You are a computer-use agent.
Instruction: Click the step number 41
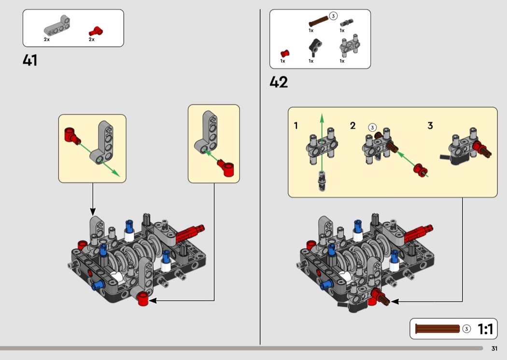30,61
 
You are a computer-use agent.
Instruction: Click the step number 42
279,83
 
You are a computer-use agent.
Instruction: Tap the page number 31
494,349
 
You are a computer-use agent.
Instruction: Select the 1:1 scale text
485,329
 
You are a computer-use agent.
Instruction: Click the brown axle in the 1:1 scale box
437,329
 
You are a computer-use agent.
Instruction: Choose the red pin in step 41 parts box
97,31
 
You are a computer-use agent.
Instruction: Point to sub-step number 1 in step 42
296,126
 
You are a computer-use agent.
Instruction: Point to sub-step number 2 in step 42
353,126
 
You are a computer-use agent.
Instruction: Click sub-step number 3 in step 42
430,126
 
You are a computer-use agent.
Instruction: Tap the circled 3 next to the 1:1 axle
466,329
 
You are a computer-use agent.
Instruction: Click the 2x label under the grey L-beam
47,40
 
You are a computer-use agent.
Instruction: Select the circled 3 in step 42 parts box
333,17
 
